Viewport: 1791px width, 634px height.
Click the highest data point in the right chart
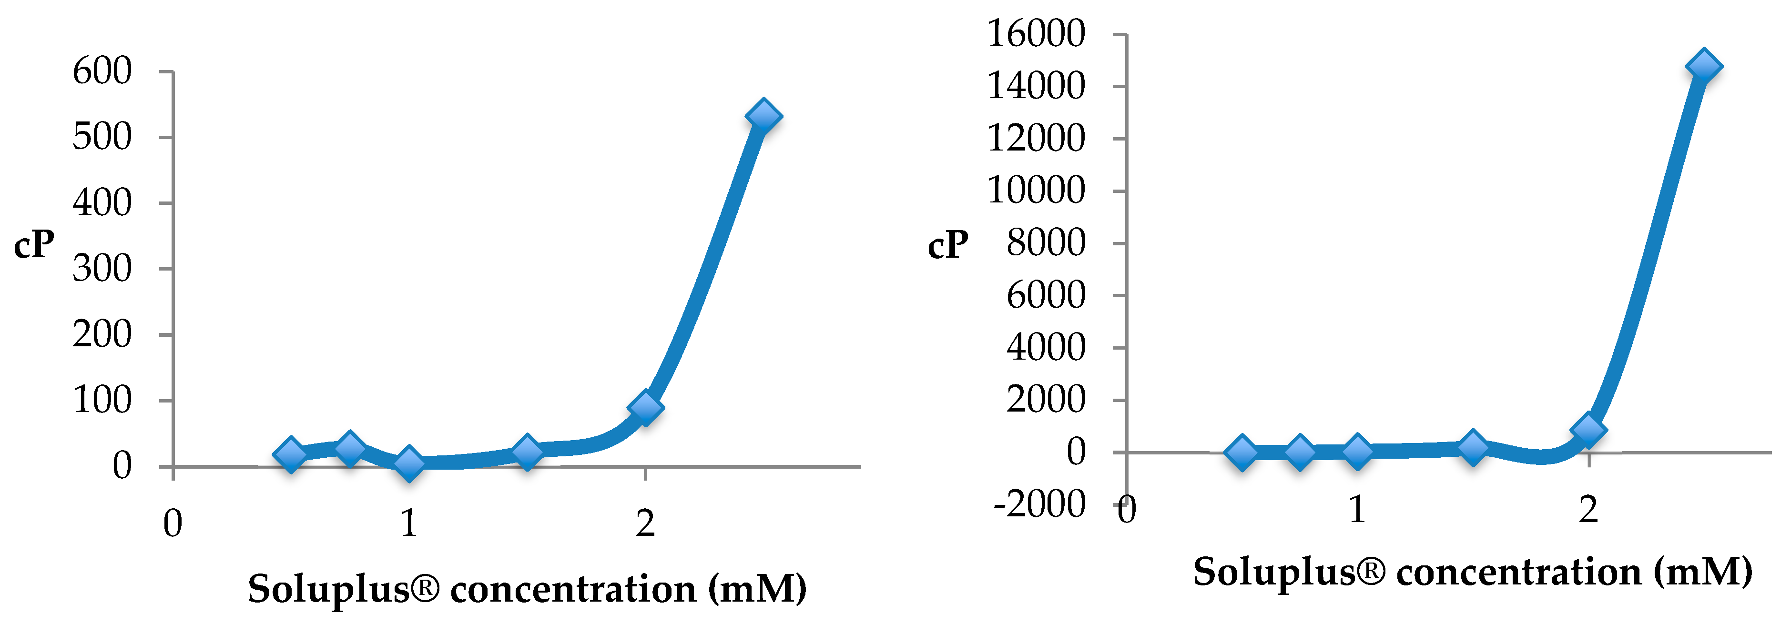tap(1703, 67)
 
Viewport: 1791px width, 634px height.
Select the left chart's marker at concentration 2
tap(645, 407)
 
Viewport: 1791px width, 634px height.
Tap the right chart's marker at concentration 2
tap(1588, 429)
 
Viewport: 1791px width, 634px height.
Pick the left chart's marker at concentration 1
tap(409, 463)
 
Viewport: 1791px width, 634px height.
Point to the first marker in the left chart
tap(291, 454)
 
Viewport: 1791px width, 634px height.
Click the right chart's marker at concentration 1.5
tap(1473, 446)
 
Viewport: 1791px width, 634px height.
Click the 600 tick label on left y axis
tap(102, 71)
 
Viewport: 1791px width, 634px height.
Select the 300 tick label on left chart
tap(102, 268)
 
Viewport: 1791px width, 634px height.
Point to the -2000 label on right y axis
tap(1039, 504)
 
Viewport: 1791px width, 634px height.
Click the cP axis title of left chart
tap(34, 245)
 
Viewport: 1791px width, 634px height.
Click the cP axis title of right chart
tap(947, 245)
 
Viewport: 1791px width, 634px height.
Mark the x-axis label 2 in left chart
tap(645, 523)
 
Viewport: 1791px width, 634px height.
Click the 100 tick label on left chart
tap(102, 401)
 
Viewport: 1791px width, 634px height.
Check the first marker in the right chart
tap(1242, 452)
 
